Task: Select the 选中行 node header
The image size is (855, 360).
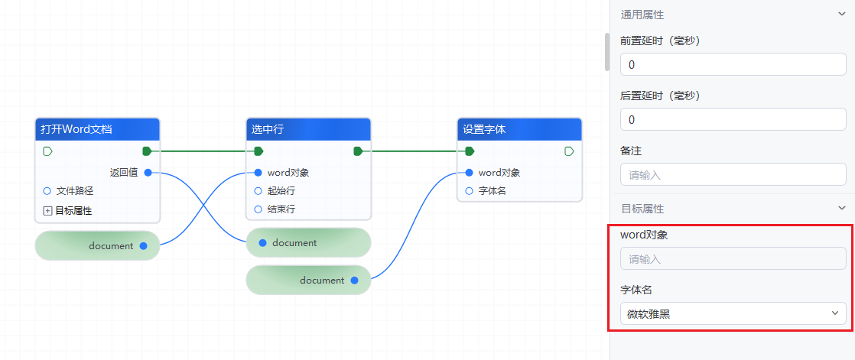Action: coord(309,129)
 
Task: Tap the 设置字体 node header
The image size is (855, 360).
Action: coord(519,129)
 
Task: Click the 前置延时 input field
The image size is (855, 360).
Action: coord(733,65)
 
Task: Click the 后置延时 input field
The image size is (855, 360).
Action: coord(733,120)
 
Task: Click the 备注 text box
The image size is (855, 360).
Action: coord(733,175)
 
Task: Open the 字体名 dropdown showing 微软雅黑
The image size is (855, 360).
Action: coord(733,313)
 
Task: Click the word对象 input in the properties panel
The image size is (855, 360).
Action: coord(733,259)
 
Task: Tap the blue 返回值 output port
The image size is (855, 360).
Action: coord(148,173)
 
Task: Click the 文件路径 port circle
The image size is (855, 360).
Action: coord(47,191)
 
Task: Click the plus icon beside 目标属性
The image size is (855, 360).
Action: coord(47,211)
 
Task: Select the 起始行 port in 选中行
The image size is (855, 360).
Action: coord(258,191)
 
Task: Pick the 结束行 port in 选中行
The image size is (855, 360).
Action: coord(258,209)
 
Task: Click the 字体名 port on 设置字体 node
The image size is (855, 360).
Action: coord(470,191)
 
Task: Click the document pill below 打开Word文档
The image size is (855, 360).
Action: coord(97,246)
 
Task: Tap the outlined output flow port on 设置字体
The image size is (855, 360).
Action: coord(569,151)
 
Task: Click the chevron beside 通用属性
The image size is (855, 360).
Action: coord(842,14)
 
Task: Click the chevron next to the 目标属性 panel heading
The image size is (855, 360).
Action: coord(842,208)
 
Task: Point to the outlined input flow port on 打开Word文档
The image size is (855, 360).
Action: coord(47,151)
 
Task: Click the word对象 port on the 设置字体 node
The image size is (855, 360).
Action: coord(470,173)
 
